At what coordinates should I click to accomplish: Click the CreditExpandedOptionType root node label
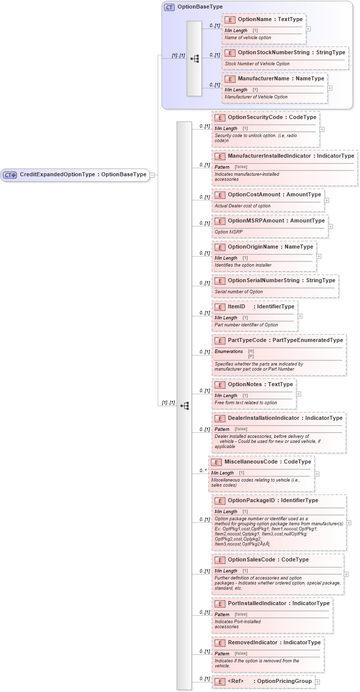tap(83, 175)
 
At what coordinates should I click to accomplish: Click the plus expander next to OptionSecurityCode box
tap(322, 129)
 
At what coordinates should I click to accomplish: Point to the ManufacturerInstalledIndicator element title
tap(291, 156)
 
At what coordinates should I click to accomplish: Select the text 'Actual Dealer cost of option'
tap(243, 206)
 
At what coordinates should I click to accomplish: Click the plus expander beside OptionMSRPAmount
tap(330, 226)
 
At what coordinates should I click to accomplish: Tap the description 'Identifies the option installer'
tap(243, 265)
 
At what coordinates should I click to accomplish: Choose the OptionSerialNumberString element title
tap(281, 281)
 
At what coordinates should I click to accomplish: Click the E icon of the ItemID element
tap(220, 307)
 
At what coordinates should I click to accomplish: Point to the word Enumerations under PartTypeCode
tap(228, 352)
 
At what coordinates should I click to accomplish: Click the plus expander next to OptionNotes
tap(299, 394)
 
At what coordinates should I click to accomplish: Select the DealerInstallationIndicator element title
tap(285, 418)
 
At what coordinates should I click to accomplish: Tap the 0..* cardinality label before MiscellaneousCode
tap(203, 471)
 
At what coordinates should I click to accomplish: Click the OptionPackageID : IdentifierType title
tap(273, 501)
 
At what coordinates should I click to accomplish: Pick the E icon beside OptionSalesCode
tap(220, 560)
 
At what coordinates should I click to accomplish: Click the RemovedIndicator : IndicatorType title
tap(274, 643)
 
